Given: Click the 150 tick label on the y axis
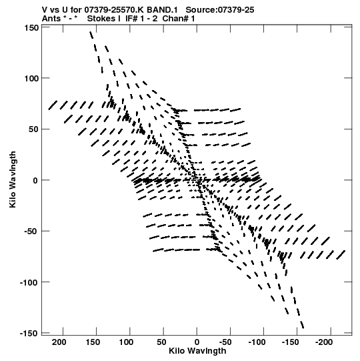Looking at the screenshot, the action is (31, 28).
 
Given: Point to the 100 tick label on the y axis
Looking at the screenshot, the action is (31, 79).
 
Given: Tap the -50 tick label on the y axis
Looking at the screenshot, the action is (31, 232).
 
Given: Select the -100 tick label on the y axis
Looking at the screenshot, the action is (29, 282).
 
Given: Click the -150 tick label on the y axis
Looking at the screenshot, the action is (29, 334).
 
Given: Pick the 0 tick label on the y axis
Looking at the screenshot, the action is (35, 180).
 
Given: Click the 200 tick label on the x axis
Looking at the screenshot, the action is (59, 342).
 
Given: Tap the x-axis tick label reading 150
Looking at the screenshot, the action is (93, 342).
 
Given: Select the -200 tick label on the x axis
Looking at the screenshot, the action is (324, 342).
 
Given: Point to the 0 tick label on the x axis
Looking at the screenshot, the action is (197, 342).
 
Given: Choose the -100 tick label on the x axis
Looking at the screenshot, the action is (257, 342).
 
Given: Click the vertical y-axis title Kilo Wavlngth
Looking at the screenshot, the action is (13, 179).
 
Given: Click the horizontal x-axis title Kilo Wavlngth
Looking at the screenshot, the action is (197, 351).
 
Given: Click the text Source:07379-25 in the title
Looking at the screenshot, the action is (220, 10).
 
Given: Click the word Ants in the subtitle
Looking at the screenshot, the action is (51, 19).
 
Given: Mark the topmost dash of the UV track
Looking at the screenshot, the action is (91, 35).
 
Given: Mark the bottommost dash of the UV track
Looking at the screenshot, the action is (302, 324).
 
